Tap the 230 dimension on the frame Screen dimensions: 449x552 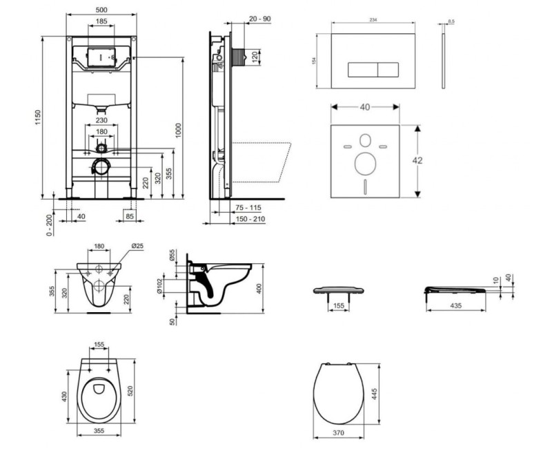(x=101, y=118)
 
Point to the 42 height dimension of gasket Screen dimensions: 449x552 (x=417, y=160)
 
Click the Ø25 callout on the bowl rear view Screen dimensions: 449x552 (x=138, y=247)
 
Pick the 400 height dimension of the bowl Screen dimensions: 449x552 (x=260, y=288)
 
